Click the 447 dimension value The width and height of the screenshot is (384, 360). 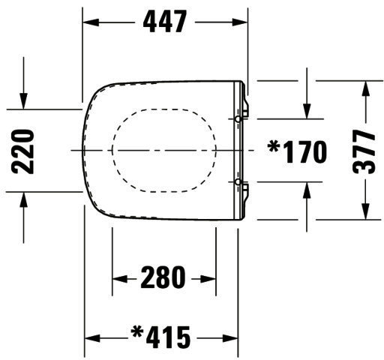click(165, 22)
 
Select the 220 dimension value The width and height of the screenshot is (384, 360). click(22, 151)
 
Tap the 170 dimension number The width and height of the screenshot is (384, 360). click(305, 151)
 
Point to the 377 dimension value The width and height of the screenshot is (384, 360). click(364, 151)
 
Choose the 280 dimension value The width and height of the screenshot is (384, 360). click(163, 277)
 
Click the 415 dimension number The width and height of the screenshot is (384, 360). click(168, 337)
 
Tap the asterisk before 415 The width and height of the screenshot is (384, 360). click(137, 332)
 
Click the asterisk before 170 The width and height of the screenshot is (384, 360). click(273, 147)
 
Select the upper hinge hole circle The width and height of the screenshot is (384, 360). click(238, 119)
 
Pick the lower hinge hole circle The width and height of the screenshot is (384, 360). click(238, 181)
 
